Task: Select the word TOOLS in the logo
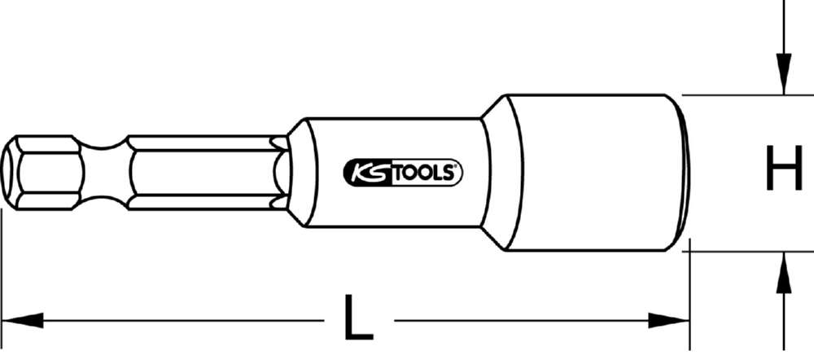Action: pyautogui.click(x=427, y=172)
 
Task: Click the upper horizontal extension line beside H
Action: pyautogui.click(x=733, y=95)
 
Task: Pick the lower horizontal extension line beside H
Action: pyautogui.click(x=733, y=252)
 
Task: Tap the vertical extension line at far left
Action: pyautogui.click(x=2, y=269)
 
